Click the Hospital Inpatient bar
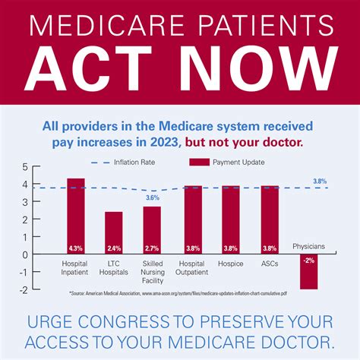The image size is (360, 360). (76, 216)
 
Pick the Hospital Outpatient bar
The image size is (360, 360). (193, 220)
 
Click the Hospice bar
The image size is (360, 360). (231, 220)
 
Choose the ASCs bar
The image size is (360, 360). (270, 220)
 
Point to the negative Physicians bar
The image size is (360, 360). (308, 272)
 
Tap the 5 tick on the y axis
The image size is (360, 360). (24, 166)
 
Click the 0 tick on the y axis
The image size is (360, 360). (24, 254)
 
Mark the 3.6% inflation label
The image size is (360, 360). (152, 198)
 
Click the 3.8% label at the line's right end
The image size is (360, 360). (320, 182)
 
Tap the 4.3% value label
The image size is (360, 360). (76, 248)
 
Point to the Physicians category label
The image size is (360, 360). (308, 245)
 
